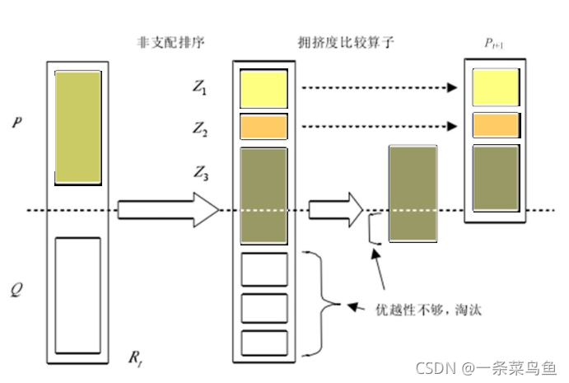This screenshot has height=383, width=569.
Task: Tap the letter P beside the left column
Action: click(17, 123)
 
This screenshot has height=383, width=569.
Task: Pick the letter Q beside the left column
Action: click(17, 290)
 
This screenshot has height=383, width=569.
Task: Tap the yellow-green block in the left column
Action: click(77, 128)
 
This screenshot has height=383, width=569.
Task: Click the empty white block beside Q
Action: click(77, 295)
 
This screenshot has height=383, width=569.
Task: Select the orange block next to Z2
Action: click(264, 127)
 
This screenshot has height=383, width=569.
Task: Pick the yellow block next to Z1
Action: click(264, 89)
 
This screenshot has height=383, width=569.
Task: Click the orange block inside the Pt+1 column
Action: click(495, 124)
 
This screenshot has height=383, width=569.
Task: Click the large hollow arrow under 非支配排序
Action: click(168, 210)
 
